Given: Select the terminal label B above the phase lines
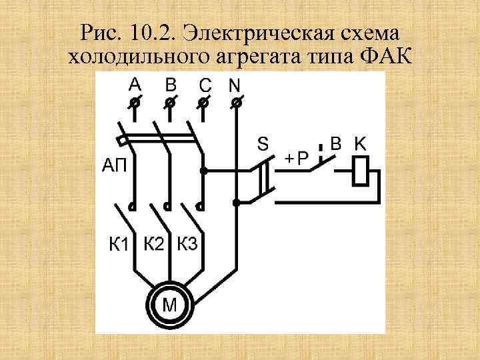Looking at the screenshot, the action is tap(171, 85).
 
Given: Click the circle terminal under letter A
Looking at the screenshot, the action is tap(135, 101).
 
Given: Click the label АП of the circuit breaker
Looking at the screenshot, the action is tap(115, 165).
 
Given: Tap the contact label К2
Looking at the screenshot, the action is tap(154, 244).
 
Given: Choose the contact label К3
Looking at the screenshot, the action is tap(187, 244).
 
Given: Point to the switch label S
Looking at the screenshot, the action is tap(263, 144).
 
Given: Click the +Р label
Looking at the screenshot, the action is tap(297, 158).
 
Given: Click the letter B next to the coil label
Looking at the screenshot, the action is tap(337, 143).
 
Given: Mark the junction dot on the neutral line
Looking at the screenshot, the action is tap(235, 202).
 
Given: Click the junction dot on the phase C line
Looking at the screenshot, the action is tap(204, 171).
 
